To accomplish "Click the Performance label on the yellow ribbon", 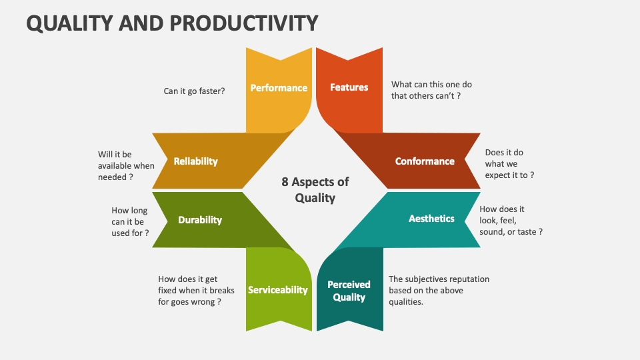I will click(x=279, y=88).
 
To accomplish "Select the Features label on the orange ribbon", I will click(x=349, y=87).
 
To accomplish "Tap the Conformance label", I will click(x=425, y=161).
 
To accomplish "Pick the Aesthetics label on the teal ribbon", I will click(x=431, y=219).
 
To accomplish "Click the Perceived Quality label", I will click(x=349, y=291).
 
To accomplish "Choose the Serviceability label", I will click(x=278, y=290).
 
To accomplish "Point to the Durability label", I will click(x=200, y=220).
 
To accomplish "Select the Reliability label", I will click(x=195, y=161).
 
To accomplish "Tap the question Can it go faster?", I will click(x=194, y=91).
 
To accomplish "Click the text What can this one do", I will click(x=431, y=85).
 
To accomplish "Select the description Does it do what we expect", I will click(x=509, y=164).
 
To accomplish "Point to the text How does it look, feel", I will click(x=511, y=220).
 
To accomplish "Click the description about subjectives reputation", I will click(x=439, y=290).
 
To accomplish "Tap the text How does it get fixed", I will click(x=189, y=291).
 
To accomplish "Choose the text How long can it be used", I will click(x=130, y=221).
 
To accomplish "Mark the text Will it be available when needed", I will click(x=126, y=165).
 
